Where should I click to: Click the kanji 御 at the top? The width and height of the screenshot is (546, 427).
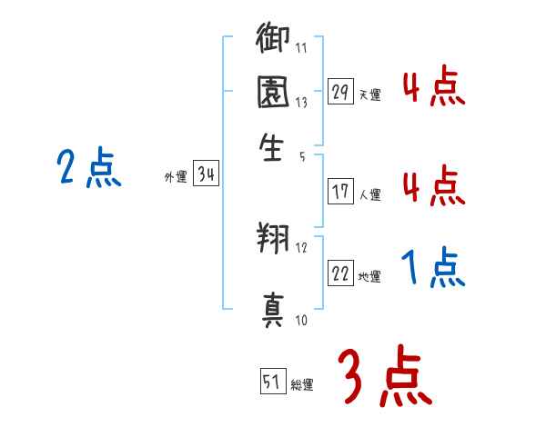[x=273, y=40]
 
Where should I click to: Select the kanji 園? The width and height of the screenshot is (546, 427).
[x=273, y=94]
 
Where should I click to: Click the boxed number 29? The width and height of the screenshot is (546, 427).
[x=340, y=92]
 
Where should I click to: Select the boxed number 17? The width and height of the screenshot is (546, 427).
[x=340, y=192]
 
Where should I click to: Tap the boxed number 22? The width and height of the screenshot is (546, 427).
[x=340, y=273]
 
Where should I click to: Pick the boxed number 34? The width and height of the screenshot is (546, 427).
[x=206, y=175]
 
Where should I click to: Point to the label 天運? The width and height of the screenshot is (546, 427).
[x=369, y=94]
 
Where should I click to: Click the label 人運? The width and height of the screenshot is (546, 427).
[x=369, y=194]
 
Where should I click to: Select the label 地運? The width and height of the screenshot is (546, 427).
[x=369, y=276]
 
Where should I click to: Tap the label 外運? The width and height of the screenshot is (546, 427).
[x=176, y=178]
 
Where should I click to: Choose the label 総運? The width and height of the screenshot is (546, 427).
[x=302, y=385]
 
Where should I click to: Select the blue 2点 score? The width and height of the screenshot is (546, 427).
[x=88, y=169]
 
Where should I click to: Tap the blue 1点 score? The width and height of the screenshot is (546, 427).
[x=432, y=270]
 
